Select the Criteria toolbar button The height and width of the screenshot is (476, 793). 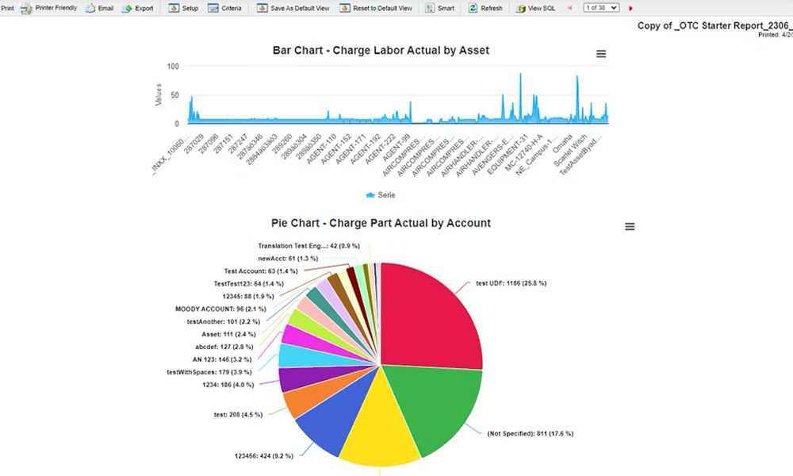pos(225,8)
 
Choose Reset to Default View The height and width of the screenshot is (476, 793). pos(377,8)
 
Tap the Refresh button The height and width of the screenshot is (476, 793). pos(485,8)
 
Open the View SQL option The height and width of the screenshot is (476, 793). pos(536,8)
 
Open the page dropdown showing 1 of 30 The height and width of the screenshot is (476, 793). pos(600,8)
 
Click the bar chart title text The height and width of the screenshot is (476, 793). pos(381,50)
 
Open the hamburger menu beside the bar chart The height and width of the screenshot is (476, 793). pos(601,54)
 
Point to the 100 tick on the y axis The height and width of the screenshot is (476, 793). pos(173,66)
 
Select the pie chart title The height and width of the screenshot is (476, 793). pos(381,223)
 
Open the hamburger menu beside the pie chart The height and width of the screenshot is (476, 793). pos(630,227)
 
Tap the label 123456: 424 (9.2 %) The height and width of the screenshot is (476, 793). pos(263,455)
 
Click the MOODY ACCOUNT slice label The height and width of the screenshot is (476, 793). pos(220,309)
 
